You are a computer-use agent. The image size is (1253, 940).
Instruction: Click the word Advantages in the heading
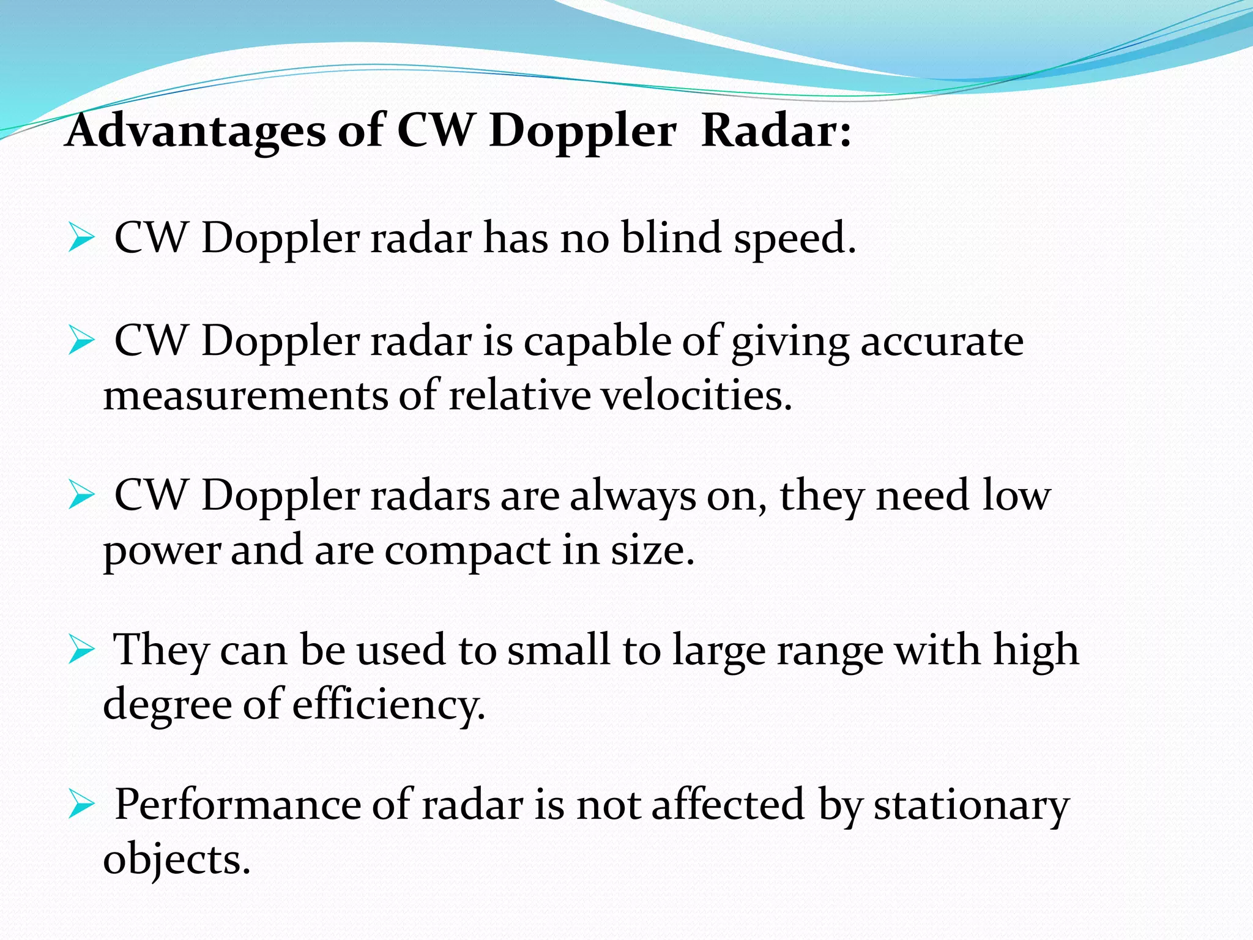(x=195, y=131)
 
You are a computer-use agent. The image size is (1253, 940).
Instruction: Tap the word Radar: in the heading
(x=776, y=131)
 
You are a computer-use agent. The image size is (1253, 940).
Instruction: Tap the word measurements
(x=245, y=396)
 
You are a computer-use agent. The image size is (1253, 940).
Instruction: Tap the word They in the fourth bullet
(x=162, y=651)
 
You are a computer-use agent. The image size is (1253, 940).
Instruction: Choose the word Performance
(x=237, y=805)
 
